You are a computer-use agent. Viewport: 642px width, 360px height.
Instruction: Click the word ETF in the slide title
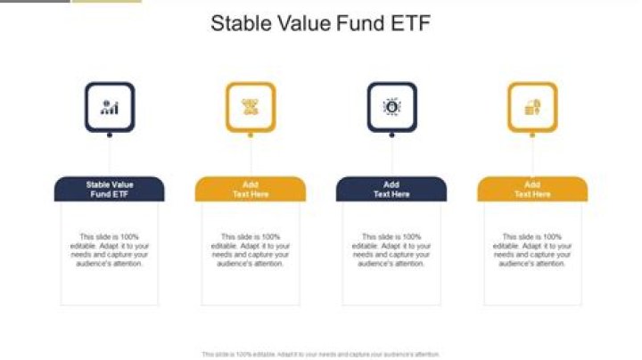pos(408,24)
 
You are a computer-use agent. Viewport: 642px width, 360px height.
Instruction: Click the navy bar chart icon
pos(110,107)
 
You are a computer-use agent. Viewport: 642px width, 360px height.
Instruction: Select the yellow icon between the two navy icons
pos(251,107)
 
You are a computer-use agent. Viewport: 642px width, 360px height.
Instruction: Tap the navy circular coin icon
pos(391,107)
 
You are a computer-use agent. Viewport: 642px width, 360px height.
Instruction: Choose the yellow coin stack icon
pos(532,107)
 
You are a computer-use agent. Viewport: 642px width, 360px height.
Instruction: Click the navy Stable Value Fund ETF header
pos(110,189)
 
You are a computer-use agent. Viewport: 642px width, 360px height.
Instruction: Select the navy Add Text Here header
pos(391,189)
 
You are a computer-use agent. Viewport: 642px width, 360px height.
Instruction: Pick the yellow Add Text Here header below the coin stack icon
pos(532,189)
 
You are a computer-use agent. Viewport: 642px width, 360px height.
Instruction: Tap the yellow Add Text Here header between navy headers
pos(251,189)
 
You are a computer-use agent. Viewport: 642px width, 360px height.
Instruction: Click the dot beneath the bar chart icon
pos(110,135)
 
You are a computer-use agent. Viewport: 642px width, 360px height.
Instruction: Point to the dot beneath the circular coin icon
pos(391,135)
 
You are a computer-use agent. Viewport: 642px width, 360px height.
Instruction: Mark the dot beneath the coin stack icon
pos(532,135)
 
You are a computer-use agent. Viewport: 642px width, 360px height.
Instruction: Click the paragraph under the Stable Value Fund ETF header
pos(110,250)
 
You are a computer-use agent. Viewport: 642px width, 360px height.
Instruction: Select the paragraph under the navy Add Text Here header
pos(391,250)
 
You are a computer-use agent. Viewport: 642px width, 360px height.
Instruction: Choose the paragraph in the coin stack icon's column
pos(532,250)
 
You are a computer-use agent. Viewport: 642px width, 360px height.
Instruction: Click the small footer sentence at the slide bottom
pos(321,354)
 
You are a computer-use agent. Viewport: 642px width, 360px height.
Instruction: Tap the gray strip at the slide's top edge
pos(34,1)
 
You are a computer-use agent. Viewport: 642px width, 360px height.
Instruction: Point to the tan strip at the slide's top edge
pos(106,1)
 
